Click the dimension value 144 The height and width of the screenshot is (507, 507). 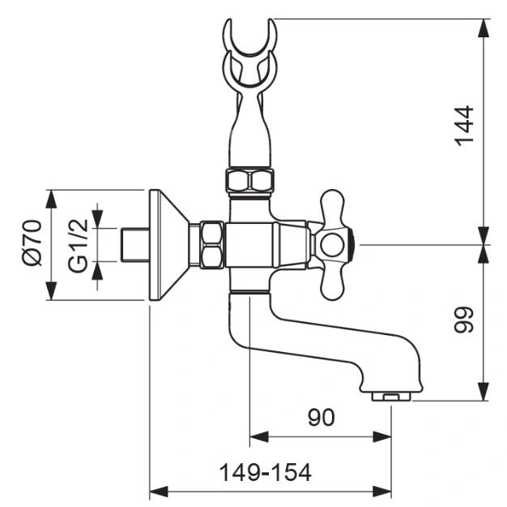(x=464, y=126)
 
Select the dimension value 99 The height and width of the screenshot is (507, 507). (x=464, y=320)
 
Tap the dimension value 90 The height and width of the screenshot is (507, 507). (x=321, y=418)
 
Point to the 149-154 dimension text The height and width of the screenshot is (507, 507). (x=265, y=473)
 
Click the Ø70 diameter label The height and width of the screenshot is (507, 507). (x=32, y=243)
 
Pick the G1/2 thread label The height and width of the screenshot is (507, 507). (x=78, y=246)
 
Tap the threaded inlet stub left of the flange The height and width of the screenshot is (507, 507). (x=135, y=245)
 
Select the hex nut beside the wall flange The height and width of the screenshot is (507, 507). (x=211, y=245)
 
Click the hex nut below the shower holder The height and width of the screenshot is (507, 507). (x=250, y=181)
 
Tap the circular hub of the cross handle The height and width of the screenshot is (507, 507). (x=332, y=245)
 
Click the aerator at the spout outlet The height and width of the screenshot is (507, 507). (x=391, y=396)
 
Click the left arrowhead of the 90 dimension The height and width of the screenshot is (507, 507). (x=259, y=437)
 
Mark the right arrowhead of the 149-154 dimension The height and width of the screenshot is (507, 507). (x=382, y=492)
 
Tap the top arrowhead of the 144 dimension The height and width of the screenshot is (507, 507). (x=484, y=28)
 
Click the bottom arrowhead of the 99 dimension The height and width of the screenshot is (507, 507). (x=484, y=391)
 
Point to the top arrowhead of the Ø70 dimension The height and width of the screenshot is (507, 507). (x=51, y=199)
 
